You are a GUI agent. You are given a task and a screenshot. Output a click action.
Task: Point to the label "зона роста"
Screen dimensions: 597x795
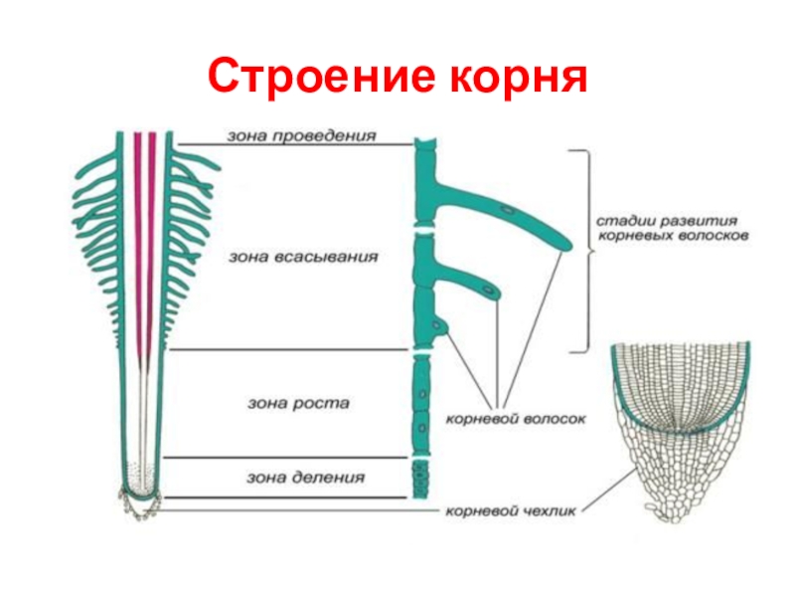click(x=299, y=404)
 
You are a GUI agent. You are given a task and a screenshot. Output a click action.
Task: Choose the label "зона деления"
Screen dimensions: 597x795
click(x=306, y=478)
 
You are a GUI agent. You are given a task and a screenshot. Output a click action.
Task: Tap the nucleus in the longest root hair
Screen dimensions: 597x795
click(x=508, y=211)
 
